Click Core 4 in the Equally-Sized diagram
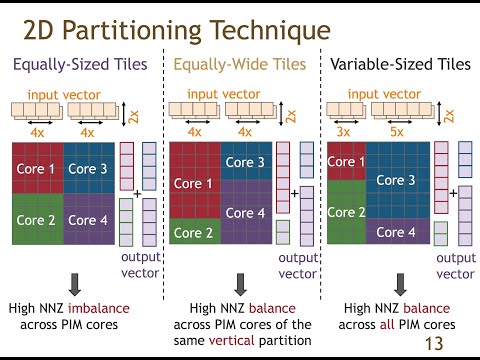tap(90, 218)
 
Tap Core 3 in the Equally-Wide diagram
tap(245, 161)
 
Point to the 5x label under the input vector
tap(398, 131)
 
